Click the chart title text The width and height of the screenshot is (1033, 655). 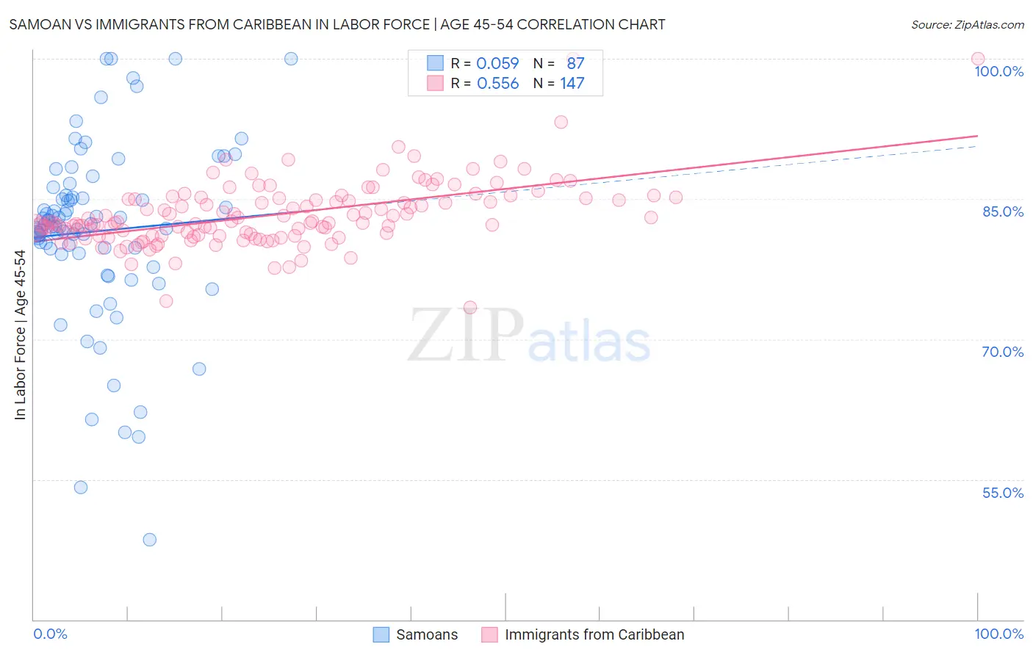(x=336, y=24)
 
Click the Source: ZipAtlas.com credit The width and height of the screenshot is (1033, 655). (x=967, y=24)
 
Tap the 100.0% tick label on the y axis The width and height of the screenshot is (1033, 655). (x=998, y=71)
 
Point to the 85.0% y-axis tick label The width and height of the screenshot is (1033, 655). (x=1003, y=211)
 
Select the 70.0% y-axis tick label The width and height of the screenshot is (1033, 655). (x=1003, y=352)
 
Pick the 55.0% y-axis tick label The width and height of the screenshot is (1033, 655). (x=1003, y=493)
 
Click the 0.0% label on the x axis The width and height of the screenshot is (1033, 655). (x=50, y=634)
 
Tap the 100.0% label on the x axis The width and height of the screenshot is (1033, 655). (x=998, y=634)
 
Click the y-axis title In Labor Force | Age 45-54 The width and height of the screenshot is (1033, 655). (x=20, y=335)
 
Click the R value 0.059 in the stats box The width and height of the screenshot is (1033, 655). (x=497, y=63)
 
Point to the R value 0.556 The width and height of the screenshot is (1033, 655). (x=497, y=84)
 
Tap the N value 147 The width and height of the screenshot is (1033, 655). (x=572, y=84)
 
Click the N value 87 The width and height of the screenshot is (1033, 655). (x=575, y=63)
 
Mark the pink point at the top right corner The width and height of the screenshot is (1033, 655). (x=978, y=59)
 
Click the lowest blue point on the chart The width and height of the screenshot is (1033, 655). (x=150, y=540)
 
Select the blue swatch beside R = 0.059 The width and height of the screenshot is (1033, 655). (x=436, y=63)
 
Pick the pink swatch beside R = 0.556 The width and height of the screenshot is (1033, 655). (x=436, y=84)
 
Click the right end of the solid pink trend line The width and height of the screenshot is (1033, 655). (x=978, y=136)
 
